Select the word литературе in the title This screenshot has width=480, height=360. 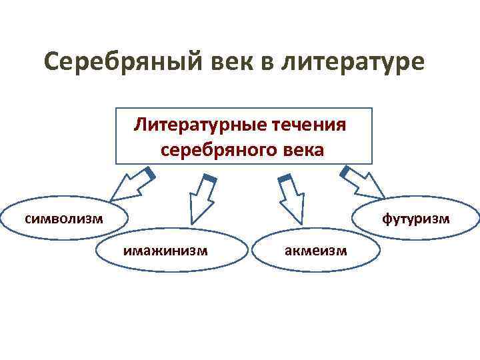click(353, 63)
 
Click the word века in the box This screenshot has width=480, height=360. click(301, 150)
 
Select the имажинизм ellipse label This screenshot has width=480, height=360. click(165, 251)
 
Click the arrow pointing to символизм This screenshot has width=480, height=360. click(129, 186)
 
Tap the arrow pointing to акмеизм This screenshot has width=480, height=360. click(291, 198)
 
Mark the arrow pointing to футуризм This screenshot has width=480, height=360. click(365, 183)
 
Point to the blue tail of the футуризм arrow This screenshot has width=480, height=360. click(347, 171)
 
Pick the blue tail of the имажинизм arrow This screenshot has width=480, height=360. click(209, 178)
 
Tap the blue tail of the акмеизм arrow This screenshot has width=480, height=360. click(285, 178)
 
